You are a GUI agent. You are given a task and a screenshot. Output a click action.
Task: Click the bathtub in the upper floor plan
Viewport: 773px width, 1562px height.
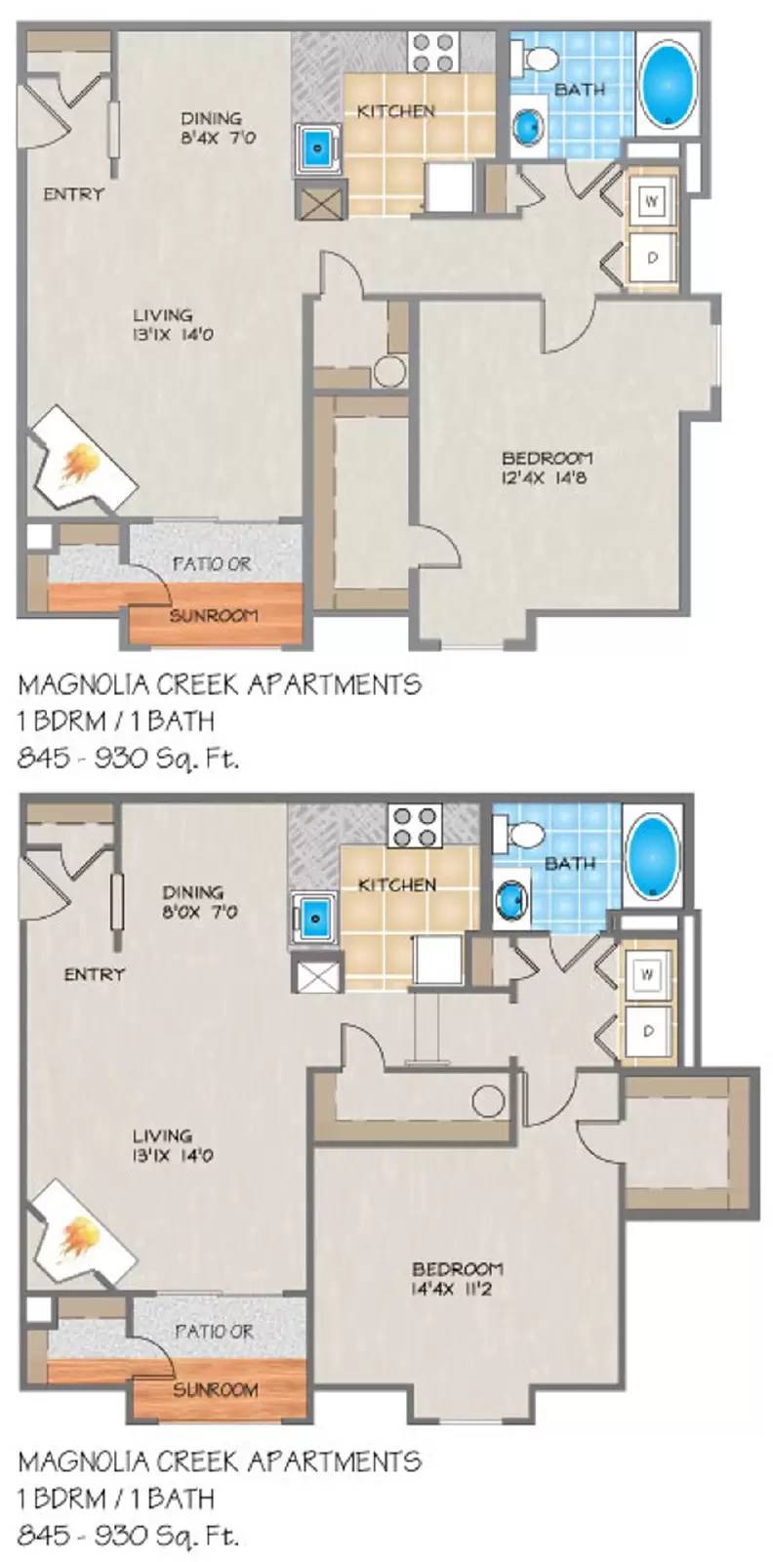669,83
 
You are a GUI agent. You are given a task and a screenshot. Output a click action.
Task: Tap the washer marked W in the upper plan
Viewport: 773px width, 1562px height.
652,202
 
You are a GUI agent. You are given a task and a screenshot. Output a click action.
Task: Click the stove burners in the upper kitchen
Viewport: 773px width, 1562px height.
434,53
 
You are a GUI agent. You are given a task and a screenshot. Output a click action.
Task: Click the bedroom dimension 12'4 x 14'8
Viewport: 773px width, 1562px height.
547,478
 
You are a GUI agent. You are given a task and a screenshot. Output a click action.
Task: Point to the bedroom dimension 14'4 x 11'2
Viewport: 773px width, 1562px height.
457,1290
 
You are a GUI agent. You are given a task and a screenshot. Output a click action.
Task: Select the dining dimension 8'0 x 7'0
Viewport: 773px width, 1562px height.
199,912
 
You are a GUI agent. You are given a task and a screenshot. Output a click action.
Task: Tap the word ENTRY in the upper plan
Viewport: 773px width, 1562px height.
73,194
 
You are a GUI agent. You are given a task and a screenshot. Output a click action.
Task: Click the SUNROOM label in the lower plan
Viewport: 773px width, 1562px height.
215,1389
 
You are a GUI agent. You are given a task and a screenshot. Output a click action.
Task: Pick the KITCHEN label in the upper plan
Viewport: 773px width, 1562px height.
396,111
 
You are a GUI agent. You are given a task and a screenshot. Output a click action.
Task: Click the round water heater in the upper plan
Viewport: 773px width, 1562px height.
390,372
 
